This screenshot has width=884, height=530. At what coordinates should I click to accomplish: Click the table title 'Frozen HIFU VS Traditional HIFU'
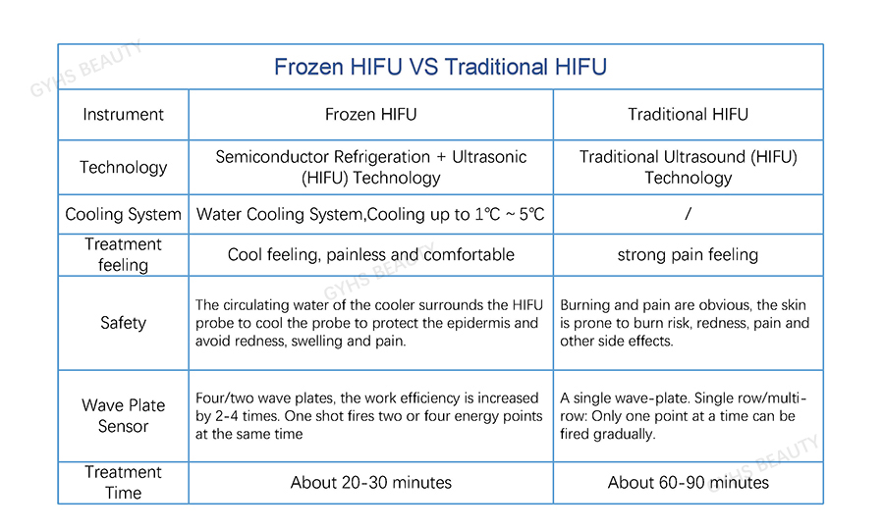pyautogui.click(x=440, y=67)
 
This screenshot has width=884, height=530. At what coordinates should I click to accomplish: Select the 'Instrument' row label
pyautogui.click(x=123, y=114)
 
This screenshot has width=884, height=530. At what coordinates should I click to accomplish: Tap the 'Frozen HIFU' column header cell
pyautogui.click(x=370, y=114)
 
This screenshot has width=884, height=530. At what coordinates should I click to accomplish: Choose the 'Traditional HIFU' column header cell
pyautogui.click(x=688, y=114)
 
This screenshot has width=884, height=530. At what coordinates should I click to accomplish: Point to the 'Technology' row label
pyautogui.click(x=123, y=167)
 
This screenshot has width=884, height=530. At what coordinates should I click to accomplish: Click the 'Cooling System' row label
pyautogui.click(x=123, y=214)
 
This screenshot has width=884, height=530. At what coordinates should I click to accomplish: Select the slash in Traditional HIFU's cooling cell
pyautogui.click(x=688, y=214)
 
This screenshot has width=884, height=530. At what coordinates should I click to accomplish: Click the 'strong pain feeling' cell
pyautogui.click(x=688, y=254)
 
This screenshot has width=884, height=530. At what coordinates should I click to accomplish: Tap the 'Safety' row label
pyautogui.click(x=123, y=323)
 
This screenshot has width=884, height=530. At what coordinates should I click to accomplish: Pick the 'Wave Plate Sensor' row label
pyautogui.click(x=123, y=416)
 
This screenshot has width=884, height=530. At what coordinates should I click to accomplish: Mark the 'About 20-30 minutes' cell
pyautogui.click(x=370, y=483)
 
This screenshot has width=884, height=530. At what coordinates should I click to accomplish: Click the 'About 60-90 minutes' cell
pyautogui.click(x=688, y=483)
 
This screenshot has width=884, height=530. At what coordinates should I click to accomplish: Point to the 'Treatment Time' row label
pyautogui.click(x=123, y=482)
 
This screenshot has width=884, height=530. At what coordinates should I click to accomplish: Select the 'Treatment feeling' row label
pyautogui.click(x=123, y=254)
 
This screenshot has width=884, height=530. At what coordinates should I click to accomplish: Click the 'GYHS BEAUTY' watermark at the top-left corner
pyautogui.click(x=85, y=69)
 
